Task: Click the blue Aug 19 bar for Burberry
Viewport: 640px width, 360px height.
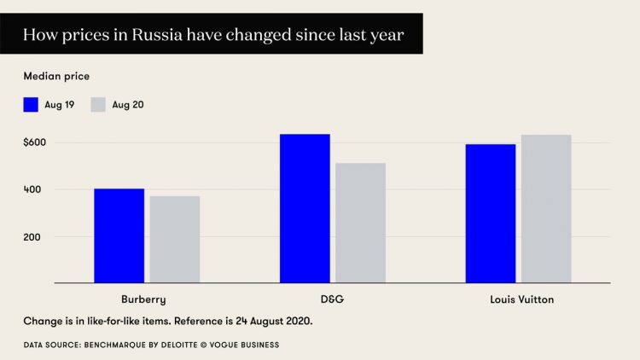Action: coord(119,235)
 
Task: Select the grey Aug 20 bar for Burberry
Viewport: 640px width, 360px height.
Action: coord(174,240)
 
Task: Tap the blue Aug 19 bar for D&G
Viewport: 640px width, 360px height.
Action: coord(305,208)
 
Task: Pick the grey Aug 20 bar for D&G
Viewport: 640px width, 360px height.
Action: coord(360,223)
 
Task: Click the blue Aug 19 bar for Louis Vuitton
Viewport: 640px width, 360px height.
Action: coord(491,213)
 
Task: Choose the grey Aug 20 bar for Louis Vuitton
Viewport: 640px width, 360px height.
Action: coord(546,209)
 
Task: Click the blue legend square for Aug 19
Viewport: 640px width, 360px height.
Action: coord(31,105)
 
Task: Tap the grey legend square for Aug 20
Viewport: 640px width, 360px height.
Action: coord(97,105)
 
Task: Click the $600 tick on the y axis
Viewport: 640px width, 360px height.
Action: coord(35,142)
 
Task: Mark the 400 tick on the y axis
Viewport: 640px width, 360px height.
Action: coord(32,189)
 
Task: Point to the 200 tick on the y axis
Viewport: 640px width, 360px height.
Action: coord(32,236)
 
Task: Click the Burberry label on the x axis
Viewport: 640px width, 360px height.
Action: coord(144,299)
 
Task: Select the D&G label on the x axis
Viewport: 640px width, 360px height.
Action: coord(332,299)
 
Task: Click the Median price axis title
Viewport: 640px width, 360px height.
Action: coord(55,77)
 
